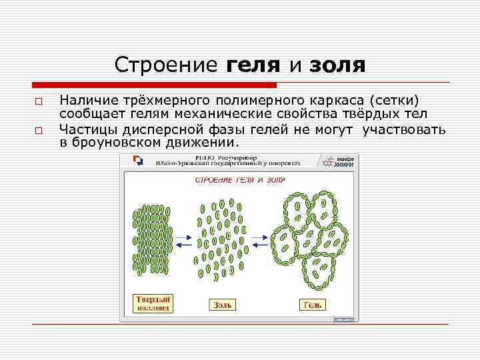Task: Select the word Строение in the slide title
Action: tap(165, 65)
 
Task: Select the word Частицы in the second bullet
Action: tap(89, 129)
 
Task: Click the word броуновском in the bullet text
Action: tap(117, 142)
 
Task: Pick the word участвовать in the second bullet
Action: tap(404, 129)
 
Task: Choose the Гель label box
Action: tap(313, 305)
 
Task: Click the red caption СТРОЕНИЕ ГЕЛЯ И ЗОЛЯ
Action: tap(239, 180)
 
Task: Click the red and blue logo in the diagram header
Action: tap(139, 161)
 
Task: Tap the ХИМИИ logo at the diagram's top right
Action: tap(341, 161)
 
